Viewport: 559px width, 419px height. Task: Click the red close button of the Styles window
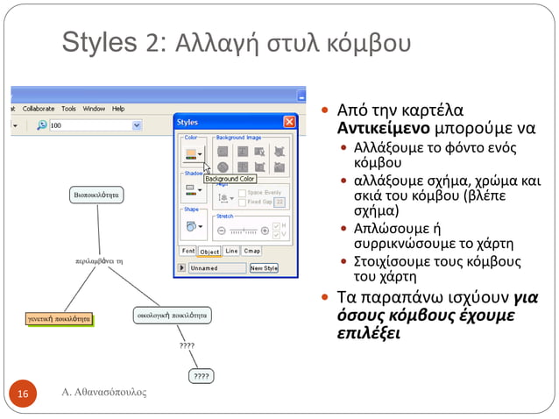(289, 122)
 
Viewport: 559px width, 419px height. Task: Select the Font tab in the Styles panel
(188, 251)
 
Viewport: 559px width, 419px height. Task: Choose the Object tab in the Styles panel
(209, 252)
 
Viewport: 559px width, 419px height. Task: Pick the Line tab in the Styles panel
(231, 251)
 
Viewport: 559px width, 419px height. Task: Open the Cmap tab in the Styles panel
(252, 251)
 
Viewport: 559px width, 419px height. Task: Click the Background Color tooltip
(230, 179)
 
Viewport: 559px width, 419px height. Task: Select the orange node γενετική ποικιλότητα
(58, 319)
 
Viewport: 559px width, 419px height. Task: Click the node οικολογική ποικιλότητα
(172, 313)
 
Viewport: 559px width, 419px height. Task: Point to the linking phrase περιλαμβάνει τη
(97, 261)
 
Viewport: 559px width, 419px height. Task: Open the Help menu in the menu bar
(117, 109)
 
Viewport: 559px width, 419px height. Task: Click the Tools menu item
(69, 109)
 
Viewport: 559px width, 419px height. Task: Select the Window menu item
(95, 109)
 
